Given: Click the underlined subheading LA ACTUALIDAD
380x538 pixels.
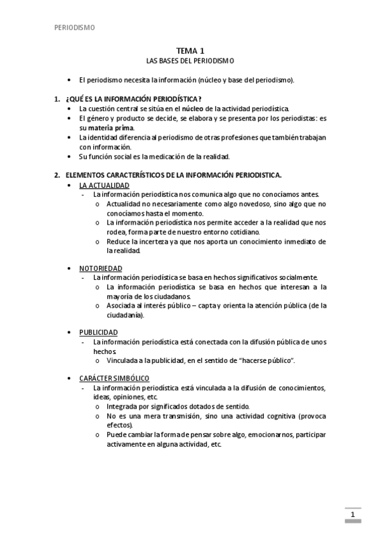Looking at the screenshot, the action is pos(104,185).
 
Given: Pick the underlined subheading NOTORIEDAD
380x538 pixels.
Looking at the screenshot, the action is pos(101,268).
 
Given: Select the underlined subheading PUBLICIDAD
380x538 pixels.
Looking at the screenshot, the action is pos(98,332).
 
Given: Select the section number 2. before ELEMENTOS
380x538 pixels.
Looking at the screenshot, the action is pos(57,174).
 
